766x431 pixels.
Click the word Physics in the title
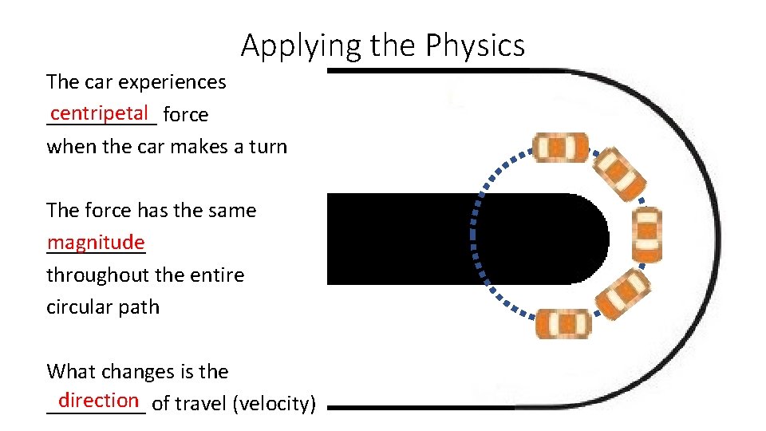pyautogui.click(x=475, y=45)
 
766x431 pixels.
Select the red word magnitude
pyautogui.click(x=96, y=242)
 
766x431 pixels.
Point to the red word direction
pyautogui.click(x=99, y=399)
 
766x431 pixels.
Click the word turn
pyautogui.click(x=267, y=147)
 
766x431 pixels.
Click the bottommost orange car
pyautogui.click(x=563, y=323)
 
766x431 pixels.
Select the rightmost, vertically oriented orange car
pyautogui.click(x=646, y=235)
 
